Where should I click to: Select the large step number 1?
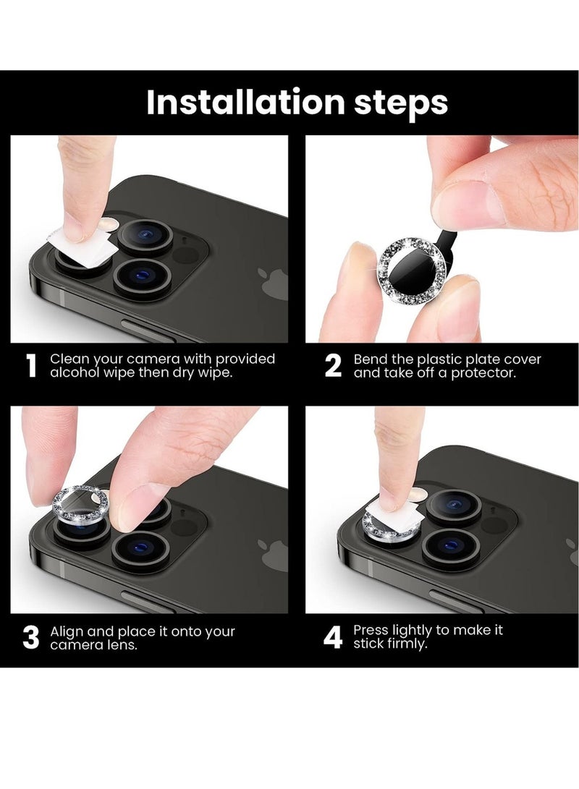coord(30,367)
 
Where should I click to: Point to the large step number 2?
coord(332,367)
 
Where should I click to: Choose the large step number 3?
coord(30,638)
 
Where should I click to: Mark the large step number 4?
coord(332,638)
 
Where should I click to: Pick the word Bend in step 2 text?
coord(369,359)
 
